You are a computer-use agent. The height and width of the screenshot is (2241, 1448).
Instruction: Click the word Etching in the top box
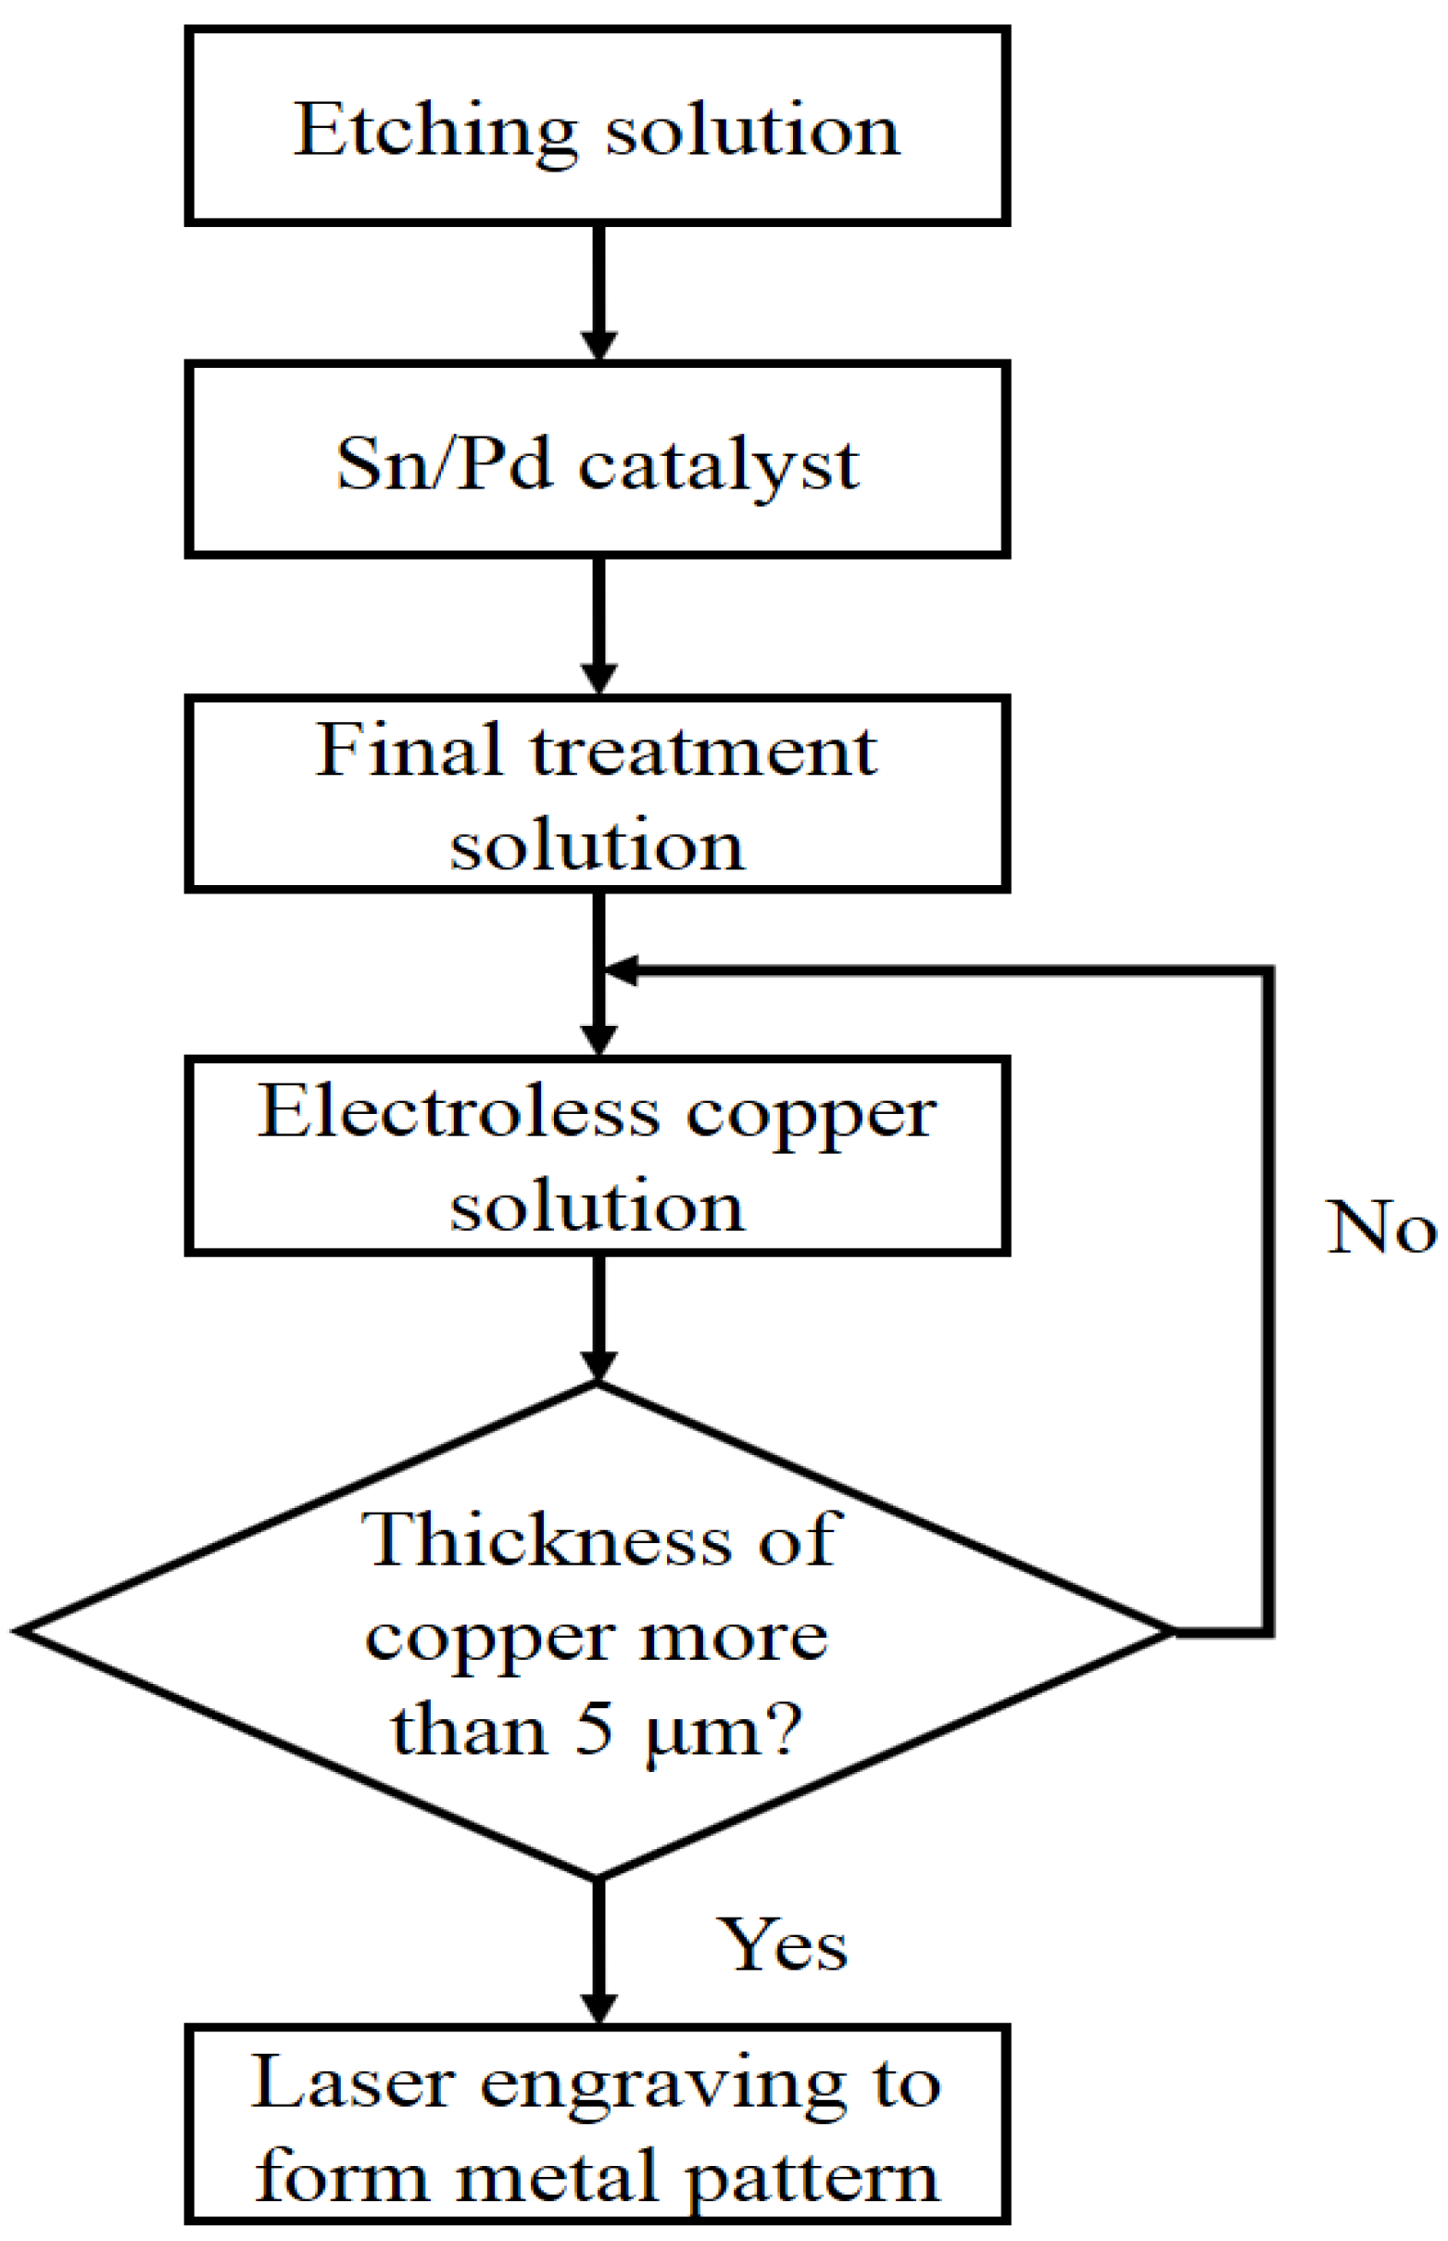click(x=434, y=132)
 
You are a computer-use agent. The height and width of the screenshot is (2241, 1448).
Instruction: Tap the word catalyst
click(x=718, y=464)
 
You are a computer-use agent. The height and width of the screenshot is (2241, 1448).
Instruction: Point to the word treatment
click(x=703, y=753)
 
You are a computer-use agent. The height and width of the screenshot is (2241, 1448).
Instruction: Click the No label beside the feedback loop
click(x=1379, y=1228)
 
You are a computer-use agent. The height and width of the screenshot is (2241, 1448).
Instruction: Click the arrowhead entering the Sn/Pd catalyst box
click(x=599, y=344)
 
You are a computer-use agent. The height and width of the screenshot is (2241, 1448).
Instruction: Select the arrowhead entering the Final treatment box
click(x=599, y=678)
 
